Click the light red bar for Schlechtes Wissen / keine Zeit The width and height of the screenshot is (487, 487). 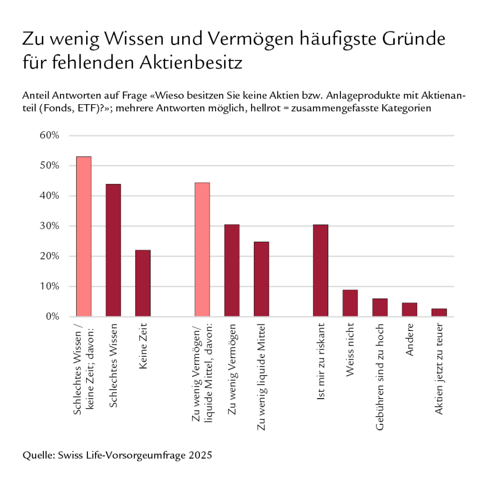(84, 236)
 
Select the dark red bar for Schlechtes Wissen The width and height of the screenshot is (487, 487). (113, 250)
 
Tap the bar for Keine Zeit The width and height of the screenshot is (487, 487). (143, 283)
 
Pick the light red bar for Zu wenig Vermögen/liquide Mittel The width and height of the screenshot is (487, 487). (202, 250)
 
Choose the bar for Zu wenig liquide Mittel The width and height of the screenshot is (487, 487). (261, 279)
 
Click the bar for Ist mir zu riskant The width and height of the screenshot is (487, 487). (321, 271)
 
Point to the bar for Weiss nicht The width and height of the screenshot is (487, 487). (350, 303)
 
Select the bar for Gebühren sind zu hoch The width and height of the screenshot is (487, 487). (380, 307)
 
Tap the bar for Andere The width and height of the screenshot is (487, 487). (409, 309)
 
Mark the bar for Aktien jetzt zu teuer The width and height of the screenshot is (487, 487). (439, 312)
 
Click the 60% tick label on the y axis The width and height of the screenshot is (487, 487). (49, 136)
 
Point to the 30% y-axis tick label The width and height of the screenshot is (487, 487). (49, 226)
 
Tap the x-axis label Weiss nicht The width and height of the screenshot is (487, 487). (350, 350)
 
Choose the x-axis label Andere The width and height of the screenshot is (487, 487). (409, 340)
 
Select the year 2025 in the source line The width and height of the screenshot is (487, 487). (200, 455)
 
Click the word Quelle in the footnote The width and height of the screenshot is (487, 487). (38, 455)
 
